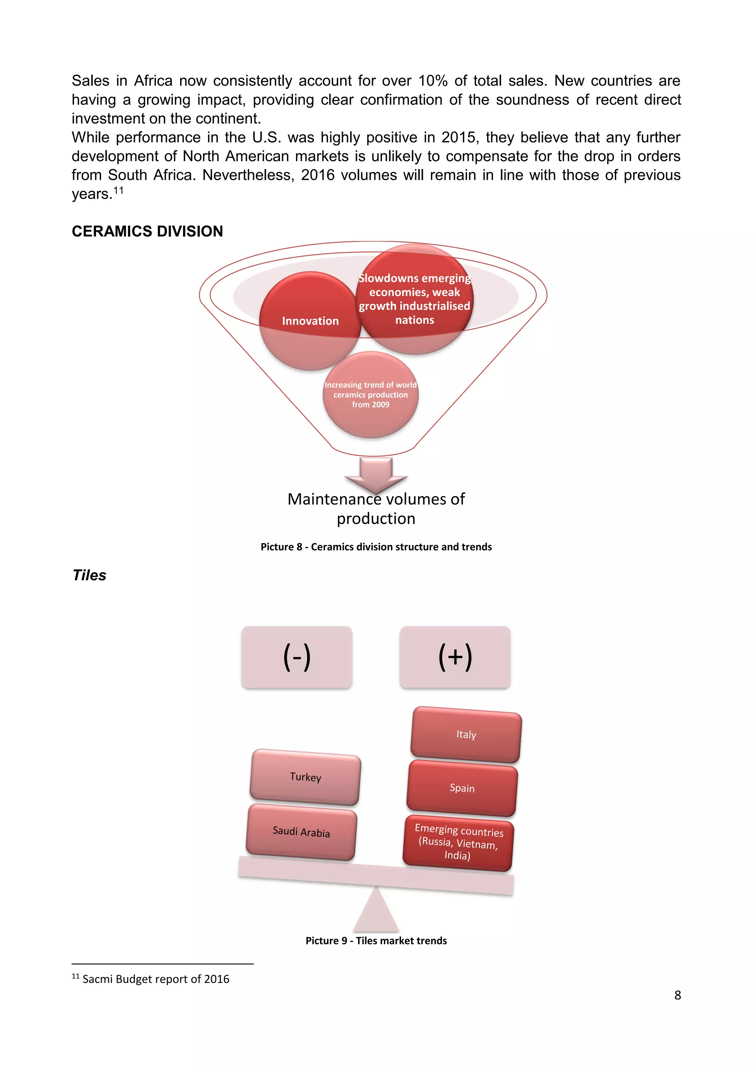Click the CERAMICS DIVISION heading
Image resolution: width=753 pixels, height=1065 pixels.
coord(147,231)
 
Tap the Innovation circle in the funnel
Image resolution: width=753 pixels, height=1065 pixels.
coord(310,321)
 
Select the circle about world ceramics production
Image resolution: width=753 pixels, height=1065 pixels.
coord(371,395)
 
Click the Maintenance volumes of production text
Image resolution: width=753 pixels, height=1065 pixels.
coord(376,508)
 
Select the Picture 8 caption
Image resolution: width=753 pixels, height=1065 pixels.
coord(376,547)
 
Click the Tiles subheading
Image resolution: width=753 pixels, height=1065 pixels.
coord(89,575)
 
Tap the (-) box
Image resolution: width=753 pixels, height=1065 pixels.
coord(297,656)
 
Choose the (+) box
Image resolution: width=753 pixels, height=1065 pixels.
coord(455,656)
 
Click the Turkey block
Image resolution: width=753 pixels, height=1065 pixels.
coord(305,777)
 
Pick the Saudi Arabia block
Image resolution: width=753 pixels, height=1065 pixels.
coord(301,832)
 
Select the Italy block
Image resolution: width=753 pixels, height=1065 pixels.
coord(466,735)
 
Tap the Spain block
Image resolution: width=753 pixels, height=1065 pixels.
coord(462,788)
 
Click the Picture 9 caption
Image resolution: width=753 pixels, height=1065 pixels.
coord(376,941)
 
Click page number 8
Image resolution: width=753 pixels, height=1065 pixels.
coord(677,995)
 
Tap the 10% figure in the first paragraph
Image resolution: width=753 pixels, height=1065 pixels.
coord(433,81)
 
